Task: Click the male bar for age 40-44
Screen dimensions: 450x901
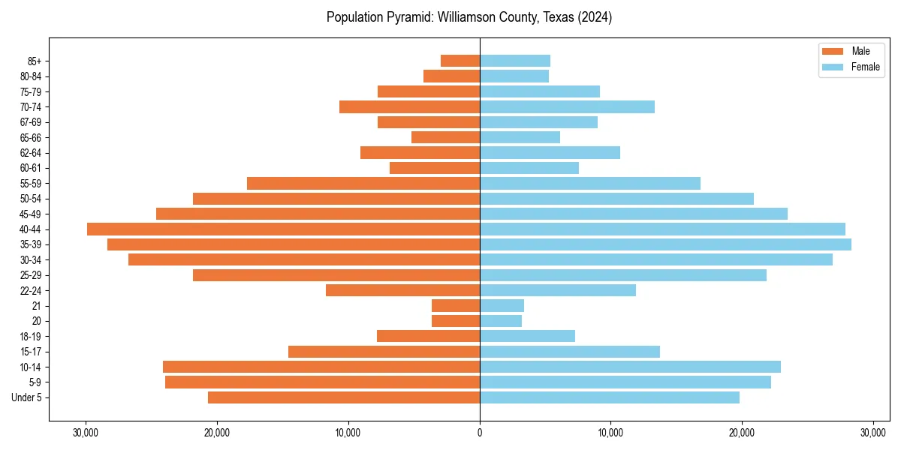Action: coord(283,229)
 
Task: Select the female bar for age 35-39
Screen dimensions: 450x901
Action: coord(665,244)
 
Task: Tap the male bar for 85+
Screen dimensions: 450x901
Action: coord(460,61)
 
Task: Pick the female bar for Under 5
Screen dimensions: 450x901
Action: coord(610,397)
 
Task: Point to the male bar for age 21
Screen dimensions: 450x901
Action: coord(456,306)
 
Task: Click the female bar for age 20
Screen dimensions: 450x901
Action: coord(501,321)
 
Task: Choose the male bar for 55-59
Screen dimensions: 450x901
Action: coord(363,184)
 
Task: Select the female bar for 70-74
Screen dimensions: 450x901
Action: coord(567,107)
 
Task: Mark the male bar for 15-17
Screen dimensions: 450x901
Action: coord(384,352)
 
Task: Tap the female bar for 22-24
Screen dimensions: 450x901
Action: coord(558,290)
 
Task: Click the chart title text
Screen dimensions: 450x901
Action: coord(469,17)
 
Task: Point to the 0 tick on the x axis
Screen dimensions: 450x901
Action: coord(480,433)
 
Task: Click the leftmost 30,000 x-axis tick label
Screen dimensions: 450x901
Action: coord(86,433)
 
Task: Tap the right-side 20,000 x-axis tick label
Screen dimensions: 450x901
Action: coord(742,433)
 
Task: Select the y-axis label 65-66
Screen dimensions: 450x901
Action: coord(31,138)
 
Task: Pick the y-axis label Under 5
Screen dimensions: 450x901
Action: coord(27,397)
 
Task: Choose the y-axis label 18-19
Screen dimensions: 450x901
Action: coord(31,337)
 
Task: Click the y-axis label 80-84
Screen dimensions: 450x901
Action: coord(31,76)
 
